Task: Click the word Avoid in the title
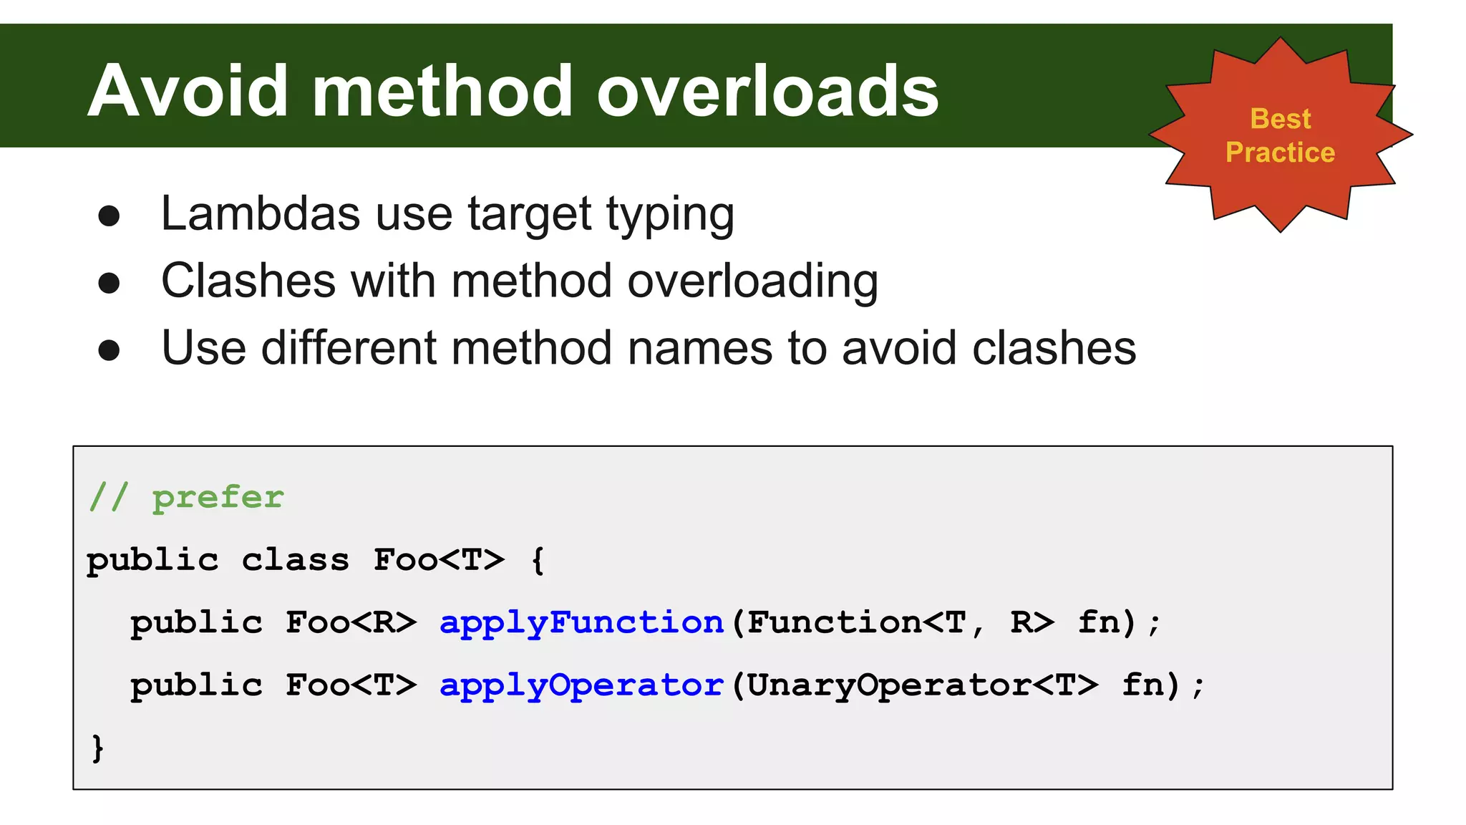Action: [188, 91]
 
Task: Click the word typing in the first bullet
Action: [670, 215]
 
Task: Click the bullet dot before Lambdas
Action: [109, 216]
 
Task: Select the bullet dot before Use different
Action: [109, 350]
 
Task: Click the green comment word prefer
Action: [218, 497]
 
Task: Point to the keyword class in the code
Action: [295, 560]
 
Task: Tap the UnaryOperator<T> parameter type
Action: [922, 685]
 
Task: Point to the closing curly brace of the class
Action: [98, 748]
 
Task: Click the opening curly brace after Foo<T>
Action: [538, 560]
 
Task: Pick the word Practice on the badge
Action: [1280, 153]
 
